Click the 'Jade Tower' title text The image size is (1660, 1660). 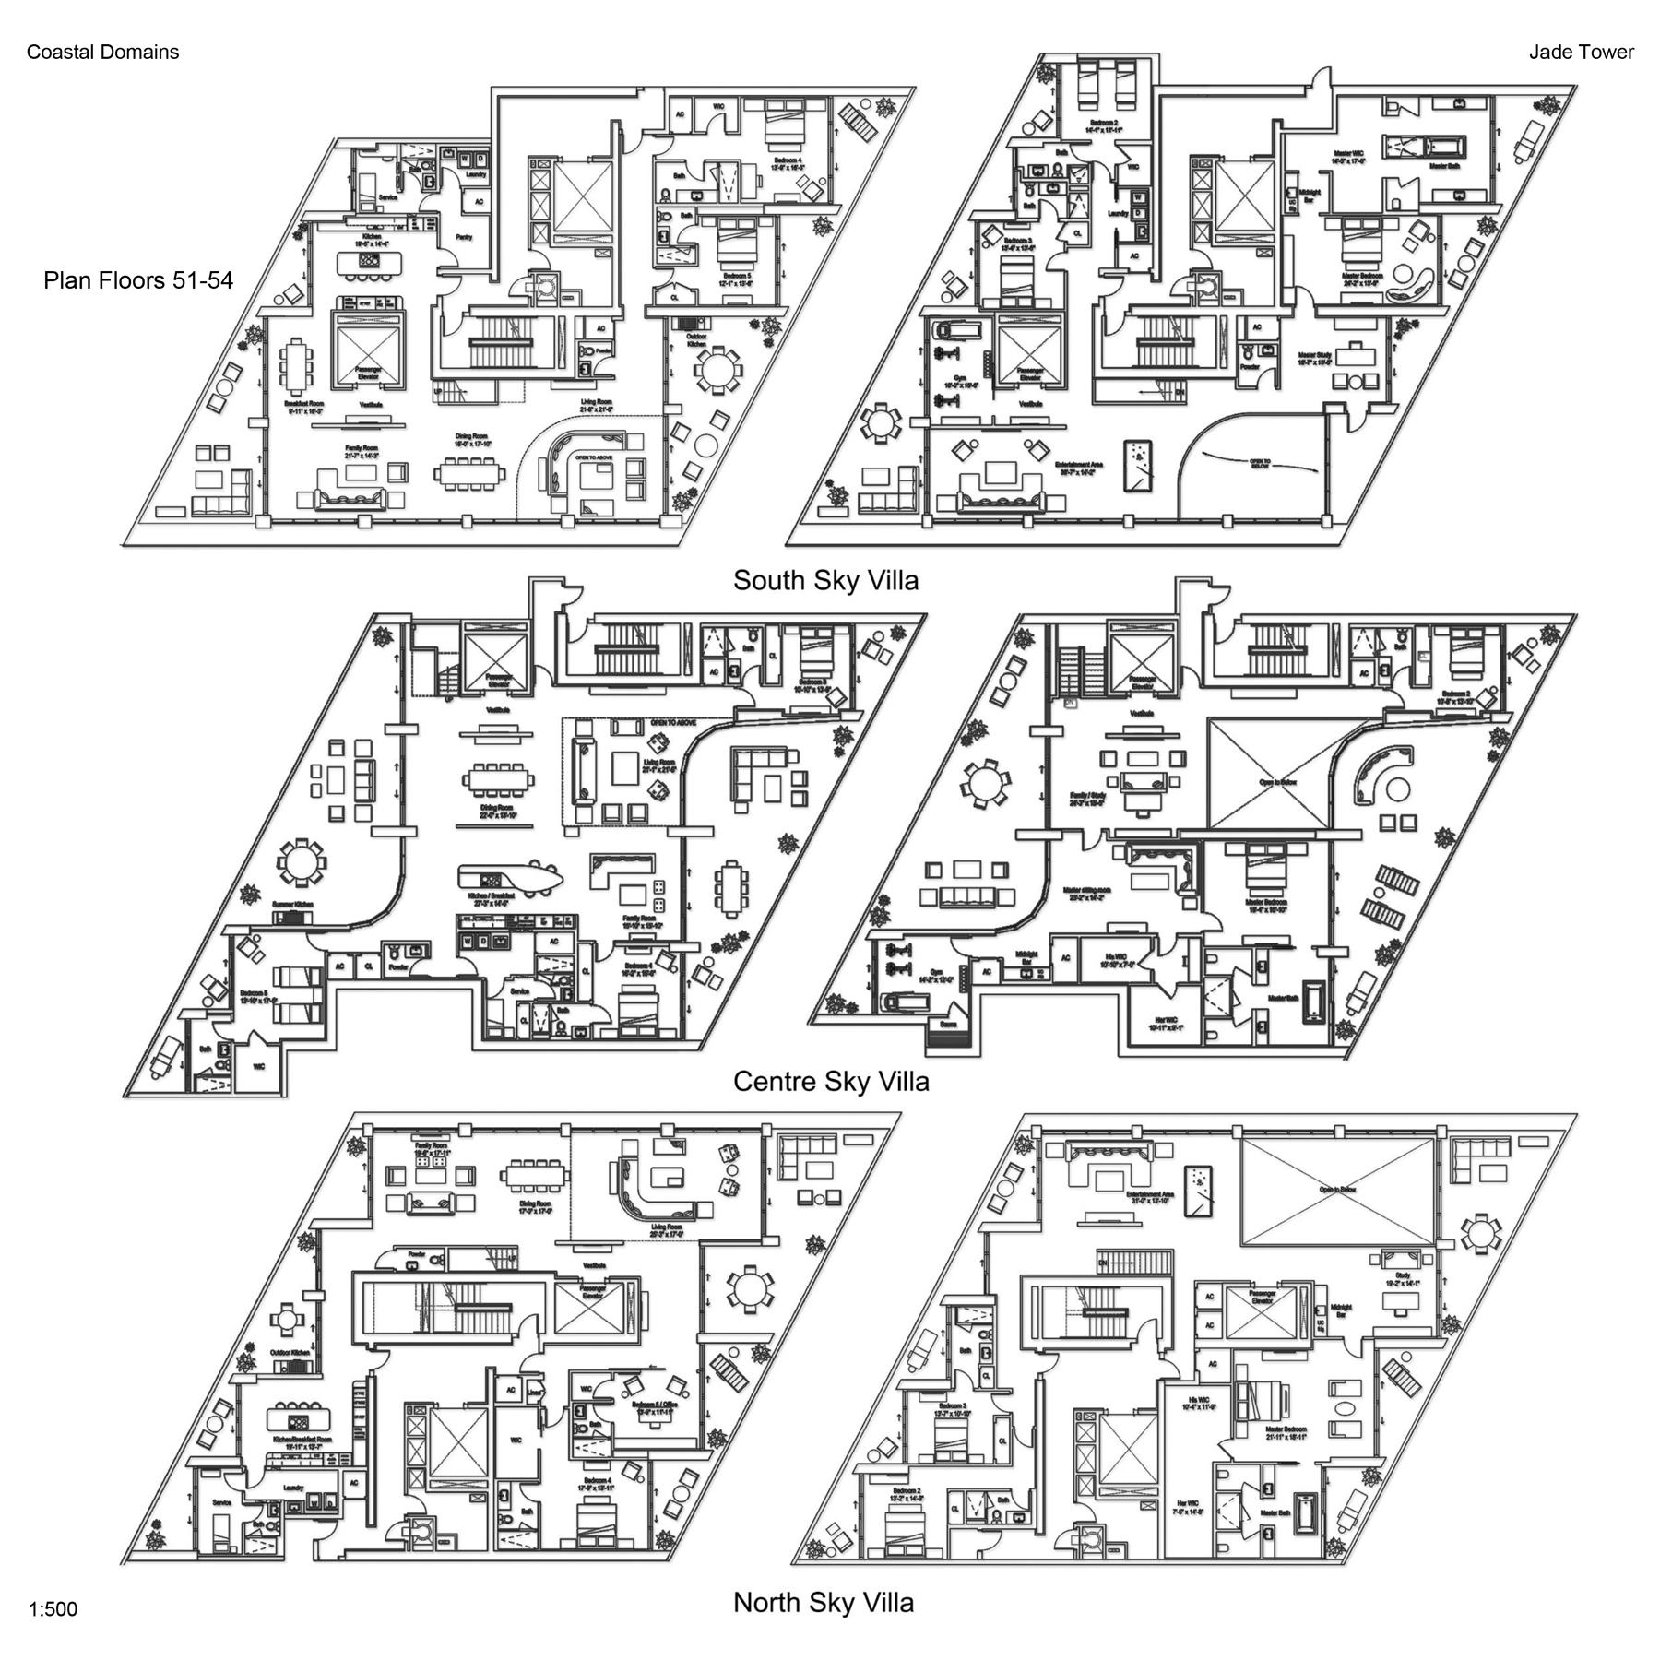1581,53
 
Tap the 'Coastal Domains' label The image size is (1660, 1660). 102,53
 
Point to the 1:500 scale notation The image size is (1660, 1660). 53,1609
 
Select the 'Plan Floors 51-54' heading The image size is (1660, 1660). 138,280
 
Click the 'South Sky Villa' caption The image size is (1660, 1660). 825,580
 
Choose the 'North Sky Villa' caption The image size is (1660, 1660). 824,1602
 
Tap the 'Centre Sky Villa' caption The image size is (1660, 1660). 831,1081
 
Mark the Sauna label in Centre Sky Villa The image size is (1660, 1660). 947,1024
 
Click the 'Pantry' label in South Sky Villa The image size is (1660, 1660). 464,237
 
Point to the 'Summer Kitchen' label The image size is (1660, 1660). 292,905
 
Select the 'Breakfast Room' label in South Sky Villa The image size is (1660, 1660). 304,407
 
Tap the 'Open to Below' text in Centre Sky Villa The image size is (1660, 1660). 1277,782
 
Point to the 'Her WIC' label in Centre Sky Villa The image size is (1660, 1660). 1167,1023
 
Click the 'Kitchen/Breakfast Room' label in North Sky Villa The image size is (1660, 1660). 302,1442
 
